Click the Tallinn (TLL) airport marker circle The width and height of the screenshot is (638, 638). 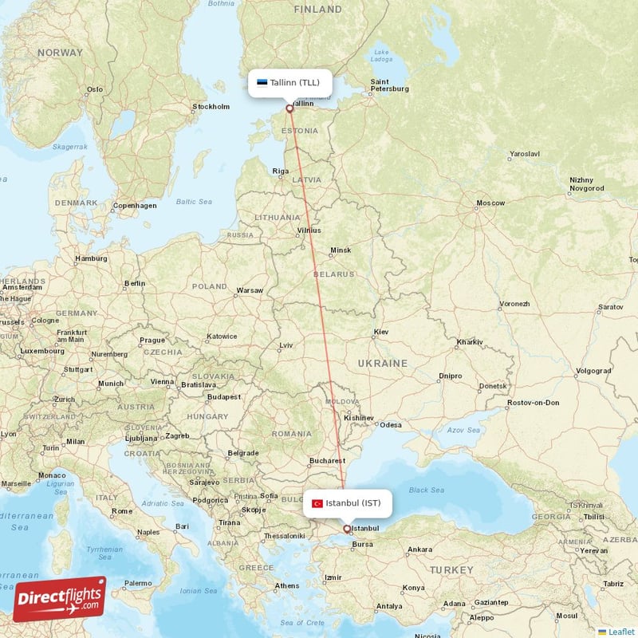coord(289,108)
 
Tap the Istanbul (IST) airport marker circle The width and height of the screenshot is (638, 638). coord(346,528)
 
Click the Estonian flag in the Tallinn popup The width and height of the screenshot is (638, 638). coord(262,82)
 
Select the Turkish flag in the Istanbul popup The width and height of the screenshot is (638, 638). coord(317,503)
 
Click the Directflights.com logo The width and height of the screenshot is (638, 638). coord(59,598)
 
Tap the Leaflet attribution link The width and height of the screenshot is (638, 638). coord(621,632)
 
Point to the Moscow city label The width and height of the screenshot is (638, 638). coord(490,203)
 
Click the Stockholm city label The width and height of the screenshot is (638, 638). coord(211,106)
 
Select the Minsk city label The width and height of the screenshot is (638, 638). coord(341,250)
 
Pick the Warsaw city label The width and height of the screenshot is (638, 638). coord(250,290)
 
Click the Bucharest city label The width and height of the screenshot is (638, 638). coord(327,460)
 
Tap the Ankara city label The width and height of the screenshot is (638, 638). coord(419,549)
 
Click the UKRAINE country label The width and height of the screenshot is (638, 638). coord(382,363)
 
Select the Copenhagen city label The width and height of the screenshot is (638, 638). coord(135,205)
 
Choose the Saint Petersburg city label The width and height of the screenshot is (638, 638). coord(390,85)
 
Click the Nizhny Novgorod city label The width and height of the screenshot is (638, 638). coord(587,184)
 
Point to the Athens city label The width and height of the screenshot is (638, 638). coord(287,585)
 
